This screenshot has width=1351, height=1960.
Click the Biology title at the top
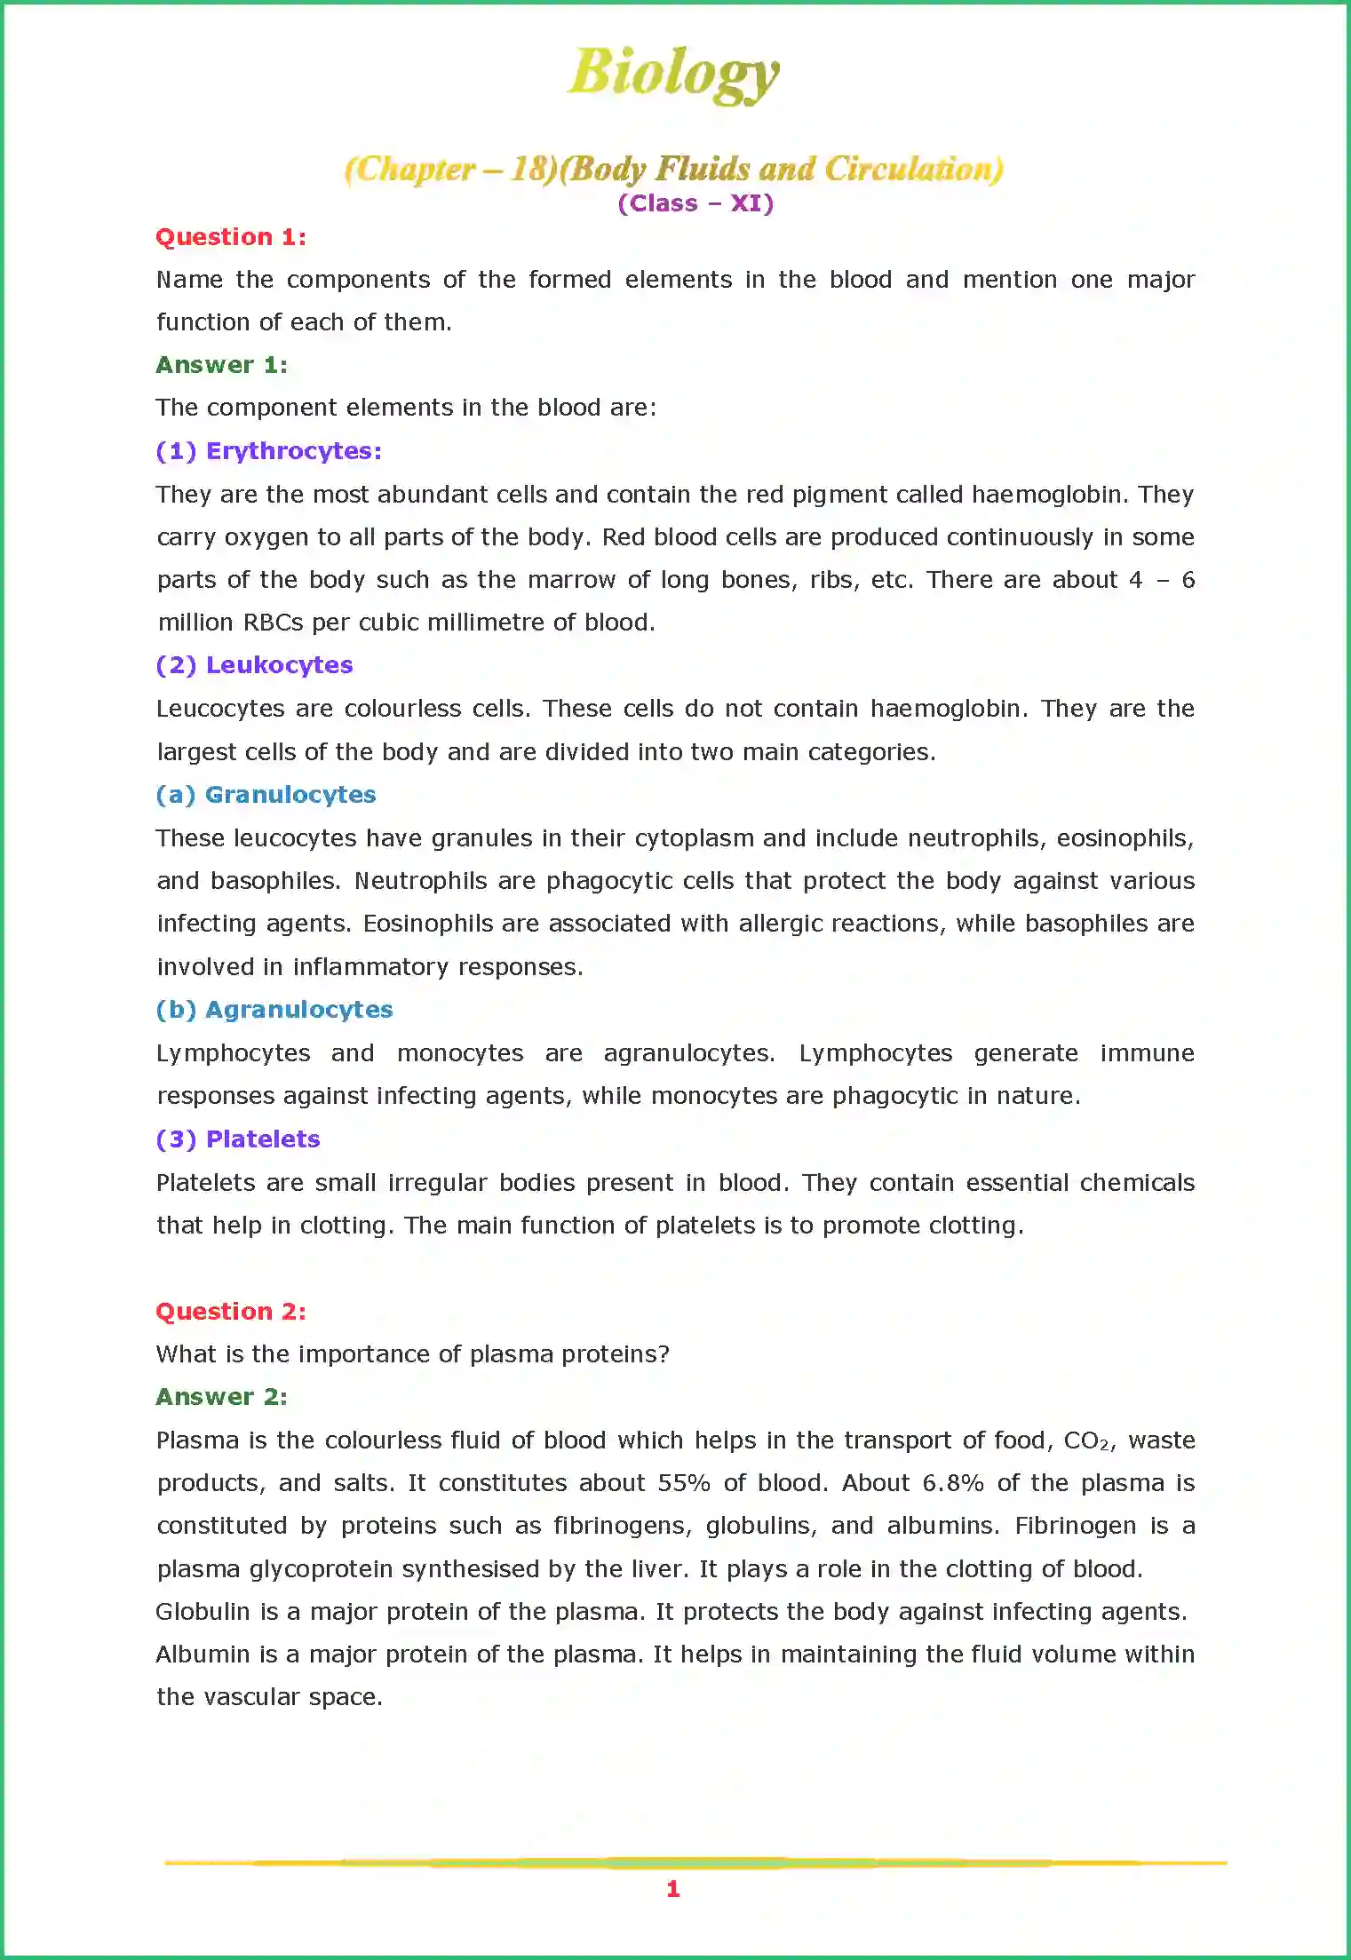pos(674,73)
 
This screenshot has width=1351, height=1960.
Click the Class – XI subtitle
pos(695,203)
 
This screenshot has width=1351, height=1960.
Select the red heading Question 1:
pos(231,237)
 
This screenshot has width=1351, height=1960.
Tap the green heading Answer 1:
pos(221,365)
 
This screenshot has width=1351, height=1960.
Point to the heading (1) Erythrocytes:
pos(268,451)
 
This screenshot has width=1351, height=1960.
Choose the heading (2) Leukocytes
pos(254,665)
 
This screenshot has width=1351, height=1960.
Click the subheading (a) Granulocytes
pos(266,795)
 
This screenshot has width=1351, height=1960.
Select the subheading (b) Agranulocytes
pos(274,1010)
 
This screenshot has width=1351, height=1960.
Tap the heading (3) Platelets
pos(237,1139)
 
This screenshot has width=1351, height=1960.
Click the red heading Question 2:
pos(231,1312)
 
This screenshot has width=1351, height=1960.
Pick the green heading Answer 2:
pos(221,1397)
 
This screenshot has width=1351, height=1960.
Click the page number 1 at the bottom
pos(673,1889)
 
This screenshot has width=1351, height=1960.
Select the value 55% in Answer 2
pos(684,1483)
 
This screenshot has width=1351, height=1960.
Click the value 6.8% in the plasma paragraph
pos(953,1483)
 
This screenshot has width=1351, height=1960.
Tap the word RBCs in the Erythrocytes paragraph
pos(274,623)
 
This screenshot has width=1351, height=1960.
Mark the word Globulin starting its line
pos(203,1612)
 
